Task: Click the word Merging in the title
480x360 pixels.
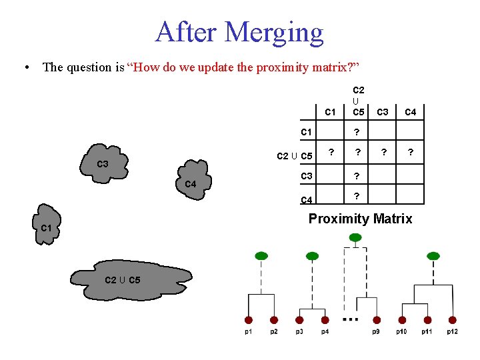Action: coord(274,32)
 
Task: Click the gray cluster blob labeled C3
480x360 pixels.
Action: coord(104,162)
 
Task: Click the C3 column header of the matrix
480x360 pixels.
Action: coord(383,112)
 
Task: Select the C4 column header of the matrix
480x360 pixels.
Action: coord(411,112)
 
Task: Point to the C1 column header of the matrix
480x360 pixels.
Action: coord(330,112)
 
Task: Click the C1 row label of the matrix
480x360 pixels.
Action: coord(307,132)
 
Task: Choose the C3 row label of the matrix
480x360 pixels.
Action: coord(307,176)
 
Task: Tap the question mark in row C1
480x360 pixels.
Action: coord(357,132)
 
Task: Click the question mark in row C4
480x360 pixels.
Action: coord(357,196)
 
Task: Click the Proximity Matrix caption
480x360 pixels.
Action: coord(360,219)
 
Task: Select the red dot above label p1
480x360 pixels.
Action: coord(249,319)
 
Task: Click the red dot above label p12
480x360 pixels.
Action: coord(453,319)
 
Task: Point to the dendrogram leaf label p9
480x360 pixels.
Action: coord(376,332)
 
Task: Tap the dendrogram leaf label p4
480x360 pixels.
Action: coord(325,332)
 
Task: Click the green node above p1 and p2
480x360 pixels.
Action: coord(261,255)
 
